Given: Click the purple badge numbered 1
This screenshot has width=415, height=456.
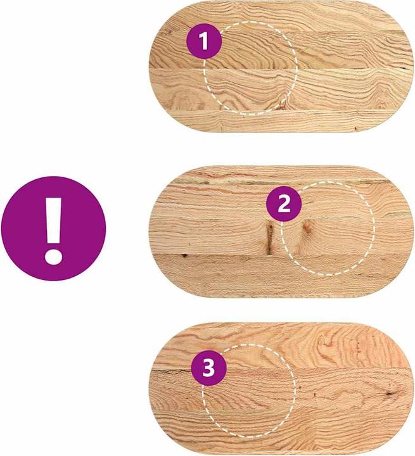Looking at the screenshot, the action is click(x=204, y=41).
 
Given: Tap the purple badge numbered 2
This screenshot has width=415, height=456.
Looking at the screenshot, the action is click(x=284, y=204).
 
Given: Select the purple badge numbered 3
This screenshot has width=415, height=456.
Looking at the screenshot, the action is click(x=208, y=368).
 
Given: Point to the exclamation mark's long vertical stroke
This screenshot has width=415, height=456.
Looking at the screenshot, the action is click(x=54, y=221).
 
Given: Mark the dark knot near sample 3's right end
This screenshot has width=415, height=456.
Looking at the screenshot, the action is click(x=389, y=393).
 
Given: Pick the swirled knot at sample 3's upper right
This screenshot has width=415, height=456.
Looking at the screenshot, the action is click(x=322, y=341).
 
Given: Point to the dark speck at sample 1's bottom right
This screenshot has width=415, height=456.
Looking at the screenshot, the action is click(x=355, y=128).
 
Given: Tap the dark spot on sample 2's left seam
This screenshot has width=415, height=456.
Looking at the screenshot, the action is click(x=184, y=256).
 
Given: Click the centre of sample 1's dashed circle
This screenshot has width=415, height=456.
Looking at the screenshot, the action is click(x=250, y=68).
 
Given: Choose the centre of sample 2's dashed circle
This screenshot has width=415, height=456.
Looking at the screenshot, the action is click(x=328, y=228).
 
